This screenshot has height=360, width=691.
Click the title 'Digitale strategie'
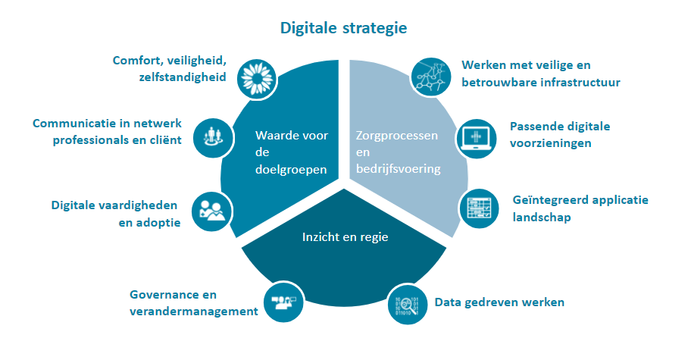click(344, 28)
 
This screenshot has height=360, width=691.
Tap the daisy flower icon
click(257, 79)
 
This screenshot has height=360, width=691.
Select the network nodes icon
click(431, 77)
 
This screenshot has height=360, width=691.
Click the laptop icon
click(477, 139)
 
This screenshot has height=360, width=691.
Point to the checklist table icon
click(479, 208)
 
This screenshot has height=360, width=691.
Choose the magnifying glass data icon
click(408, 305)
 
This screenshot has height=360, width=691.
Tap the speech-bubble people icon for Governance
click(283, 302)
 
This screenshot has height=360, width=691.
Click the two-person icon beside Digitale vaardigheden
click(211, 211)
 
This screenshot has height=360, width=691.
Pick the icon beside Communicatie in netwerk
click(214, 138)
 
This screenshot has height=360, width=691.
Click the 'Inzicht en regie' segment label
click(345, 237)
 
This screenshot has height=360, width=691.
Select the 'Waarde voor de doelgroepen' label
click(291, 152)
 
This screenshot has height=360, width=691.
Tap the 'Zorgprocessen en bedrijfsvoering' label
click(398, 152)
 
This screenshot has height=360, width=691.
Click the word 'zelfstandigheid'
click(183, 77)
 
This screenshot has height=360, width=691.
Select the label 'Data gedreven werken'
click(499, 302)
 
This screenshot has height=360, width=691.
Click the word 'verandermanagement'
click(193, 311)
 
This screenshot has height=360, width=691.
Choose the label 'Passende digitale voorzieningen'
click(560, 134)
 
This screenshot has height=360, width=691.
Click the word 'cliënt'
click(164, 140)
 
